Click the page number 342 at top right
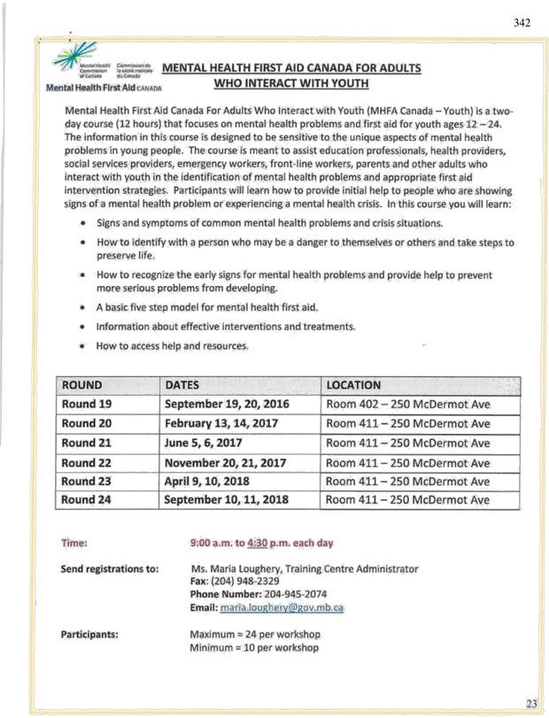[x=522, y=22]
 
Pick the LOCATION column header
[x=353, y=385]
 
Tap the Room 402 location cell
[x=408, y=405]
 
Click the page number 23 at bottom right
[x=530, y=702]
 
